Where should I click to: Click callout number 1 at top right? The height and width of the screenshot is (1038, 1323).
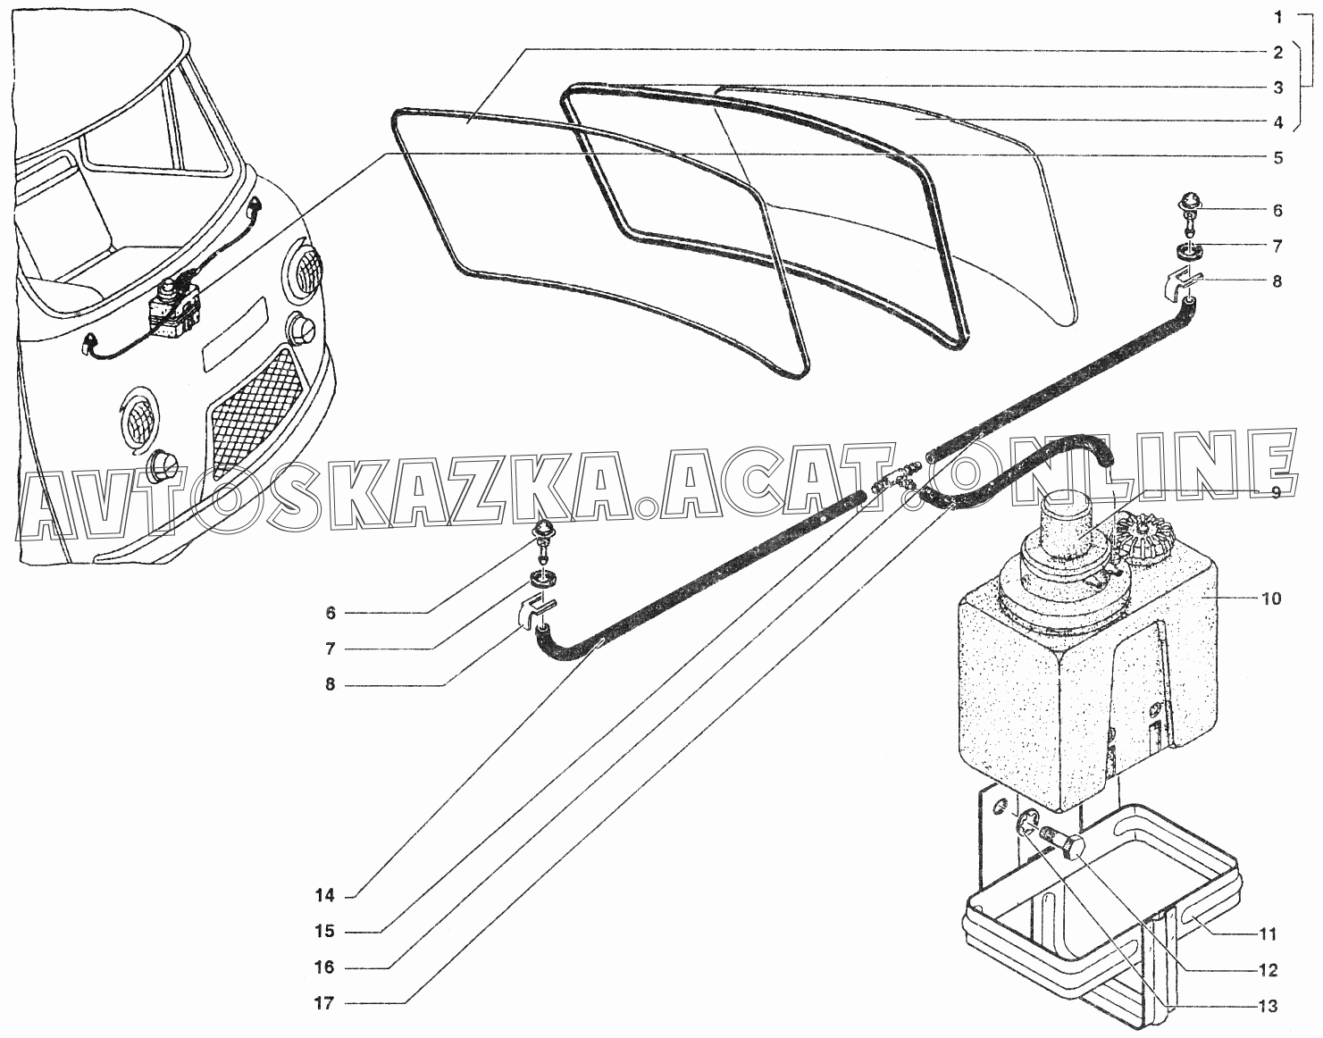1277,16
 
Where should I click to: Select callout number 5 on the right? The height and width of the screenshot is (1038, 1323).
1277,157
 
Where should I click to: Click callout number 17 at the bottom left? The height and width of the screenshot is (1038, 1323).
323,1003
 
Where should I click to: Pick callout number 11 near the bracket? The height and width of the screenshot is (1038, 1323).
1268,934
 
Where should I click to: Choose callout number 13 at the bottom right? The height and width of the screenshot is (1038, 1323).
1268,1006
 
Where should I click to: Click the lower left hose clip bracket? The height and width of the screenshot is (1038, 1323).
532,614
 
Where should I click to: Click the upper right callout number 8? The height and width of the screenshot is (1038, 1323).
1277,280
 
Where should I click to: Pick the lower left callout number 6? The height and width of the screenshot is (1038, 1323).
331,613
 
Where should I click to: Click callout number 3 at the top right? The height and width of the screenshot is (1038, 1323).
1277,88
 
